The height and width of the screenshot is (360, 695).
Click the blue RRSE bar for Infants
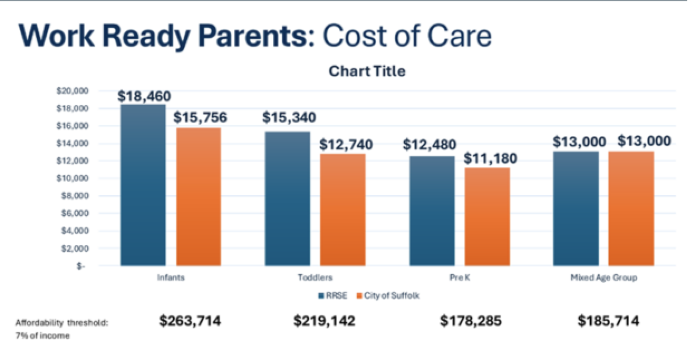click(143, 185)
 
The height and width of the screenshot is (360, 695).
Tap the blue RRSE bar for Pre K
click(432, 211)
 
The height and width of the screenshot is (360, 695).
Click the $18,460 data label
click(144, 96)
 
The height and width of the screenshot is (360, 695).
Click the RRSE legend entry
click(333, 296)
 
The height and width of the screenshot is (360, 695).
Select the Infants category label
click(171, 278)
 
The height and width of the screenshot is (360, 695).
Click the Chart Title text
click(367, 71)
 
